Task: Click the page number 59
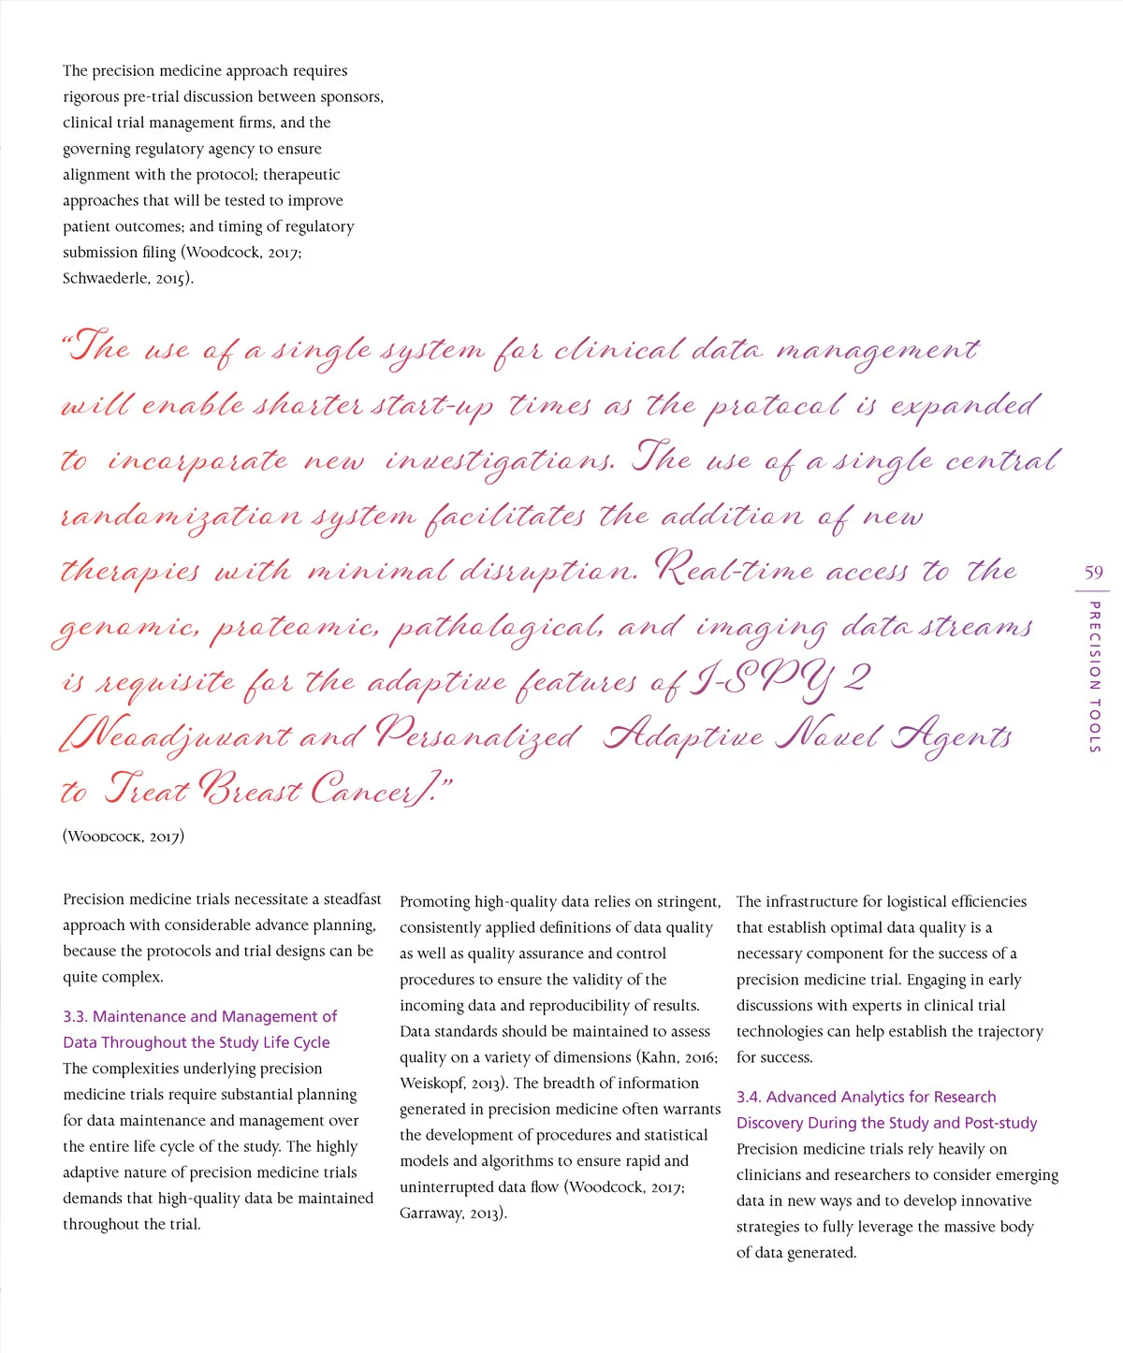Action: [x=1093, y=572]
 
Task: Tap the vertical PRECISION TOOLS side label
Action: [x=1094, y=676]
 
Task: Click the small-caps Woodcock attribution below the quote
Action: [x=124, y=836]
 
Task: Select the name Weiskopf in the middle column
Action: [x=433, y=1084]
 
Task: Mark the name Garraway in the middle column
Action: [x=431, y=1214]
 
